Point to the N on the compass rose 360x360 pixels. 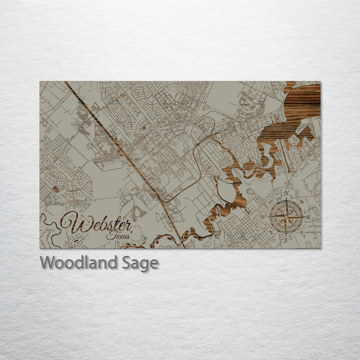click(x=286, y=194)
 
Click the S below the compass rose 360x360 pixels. click(x=286, y=240)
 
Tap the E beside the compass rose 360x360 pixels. click(x=308, y=217)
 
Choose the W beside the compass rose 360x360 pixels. click(x=263, y=217)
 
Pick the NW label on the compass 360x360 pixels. click(x=270, y=201)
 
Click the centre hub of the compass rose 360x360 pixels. click(x=286, y=217)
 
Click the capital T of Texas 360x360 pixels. click(x=110, y=235)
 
